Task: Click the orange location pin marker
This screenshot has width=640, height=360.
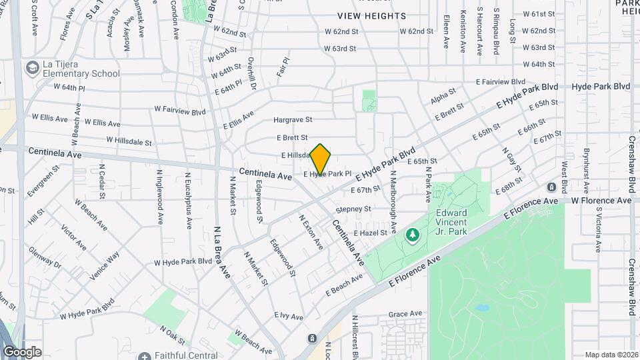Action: [321, 159]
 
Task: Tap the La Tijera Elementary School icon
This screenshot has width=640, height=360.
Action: [31, 67]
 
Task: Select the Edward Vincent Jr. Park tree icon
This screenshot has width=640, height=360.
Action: [413, 234]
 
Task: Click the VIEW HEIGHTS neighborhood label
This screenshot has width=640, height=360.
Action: [371, 15]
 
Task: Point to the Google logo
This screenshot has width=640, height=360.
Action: [21, 352]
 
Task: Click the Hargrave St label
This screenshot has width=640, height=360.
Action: [293, 120]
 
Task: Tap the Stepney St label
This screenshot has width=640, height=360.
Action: [353, 209]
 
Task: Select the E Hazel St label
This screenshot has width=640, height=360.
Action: [371, 233]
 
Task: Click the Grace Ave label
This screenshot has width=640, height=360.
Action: [406, 313]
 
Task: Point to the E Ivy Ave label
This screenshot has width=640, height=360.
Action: [288, 315]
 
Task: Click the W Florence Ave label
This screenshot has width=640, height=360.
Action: [601, 200]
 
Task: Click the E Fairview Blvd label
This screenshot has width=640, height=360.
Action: [501, 81]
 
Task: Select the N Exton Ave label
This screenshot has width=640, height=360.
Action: [311, 232]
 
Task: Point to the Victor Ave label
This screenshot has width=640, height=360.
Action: [73, 237]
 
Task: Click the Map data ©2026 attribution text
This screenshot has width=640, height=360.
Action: [611, 355]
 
